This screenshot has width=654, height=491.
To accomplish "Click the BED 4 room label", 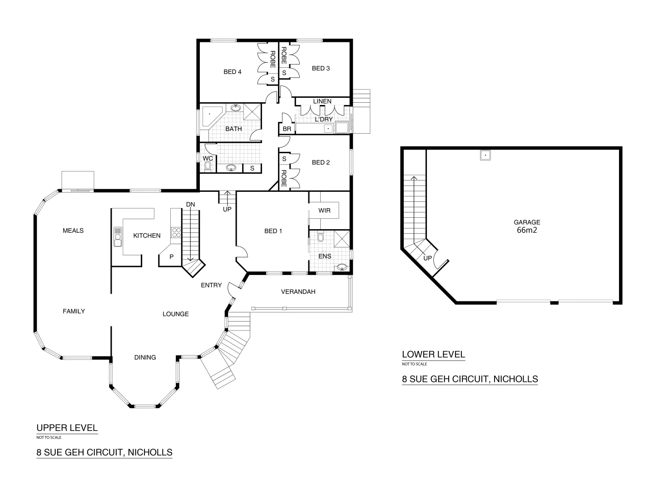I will [232, 71].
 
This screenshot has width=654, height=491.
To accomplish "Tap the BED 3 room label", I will [321, 68].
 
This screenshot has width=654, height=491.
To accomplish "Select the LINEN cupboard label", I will [322, 101].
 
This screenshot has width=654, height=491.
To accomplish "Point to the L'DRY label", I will [324, 119].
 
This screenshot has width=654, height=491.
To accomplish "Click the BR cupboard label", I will [287, 129].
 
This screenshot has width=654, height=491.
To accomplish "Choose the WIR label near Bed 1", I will [324, 210].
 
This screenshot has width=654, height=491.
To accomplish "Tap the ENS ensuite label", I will [325, 256].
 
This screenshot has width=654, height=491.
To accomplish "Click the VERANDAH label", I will [298, 291].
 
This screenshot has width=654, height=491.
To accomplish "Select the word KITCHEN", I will [147, 235].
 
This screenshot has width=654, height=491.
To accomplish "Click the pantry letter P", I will [171, 256].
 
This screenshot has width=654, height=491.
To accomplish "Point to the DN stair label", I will [190, 205].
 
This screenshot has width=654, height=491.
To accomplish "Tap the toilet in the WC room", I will [208, 167].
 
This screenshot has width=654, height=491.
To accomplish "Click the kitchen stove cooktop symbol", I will [176, 233].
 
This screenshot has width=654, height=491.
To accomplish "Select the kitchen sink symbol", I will [118, 236].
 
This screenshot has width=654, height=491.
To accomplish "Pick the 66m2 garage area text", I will [527, 230].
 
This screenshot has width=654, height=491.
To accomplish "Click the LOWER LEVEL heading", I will [433, 354].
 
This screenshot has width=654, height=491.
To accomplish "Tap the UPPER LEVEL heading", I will [67, 427].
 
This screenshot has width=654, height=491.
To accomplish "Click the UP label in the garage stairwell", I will [427, 258].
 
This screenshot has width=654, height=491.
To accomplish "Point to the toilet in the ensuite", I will [321, 237].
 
